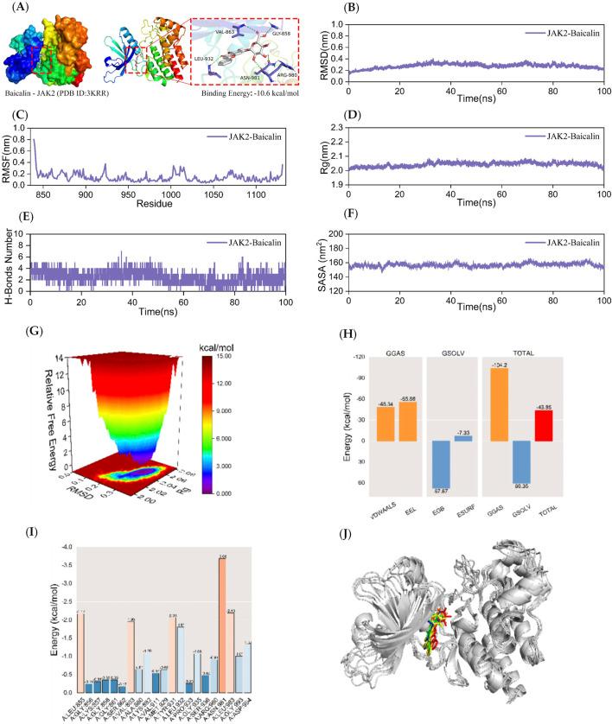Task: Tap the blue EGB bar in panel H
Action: (443, 464)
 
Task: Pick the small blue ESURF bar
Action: (462, 438)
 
